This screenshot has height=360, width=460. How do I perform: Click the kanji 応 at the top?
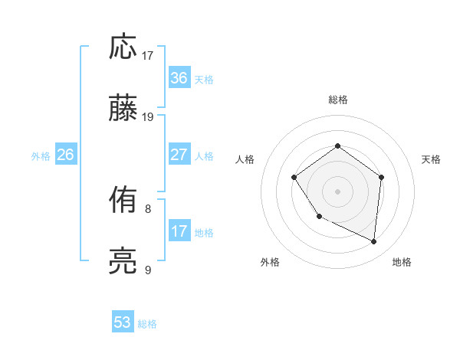click(123, 47)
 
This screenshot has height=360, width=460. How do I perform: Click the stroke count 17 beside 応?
click(148, 55)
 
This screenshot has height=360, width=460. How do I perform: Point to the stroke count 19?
click(148, 116)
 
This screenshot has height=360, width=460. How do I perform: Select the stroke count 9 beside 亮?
click(148, 270)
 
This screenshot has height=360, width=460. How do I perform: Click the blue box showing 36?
click(179, 78)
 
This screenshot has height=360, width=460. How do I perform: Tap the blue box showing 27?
click(179, 155)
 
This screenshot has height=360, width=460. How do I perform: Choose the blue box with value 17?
click(179, 231)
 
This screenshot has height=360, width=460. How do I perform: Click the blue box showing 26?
click(66, 155)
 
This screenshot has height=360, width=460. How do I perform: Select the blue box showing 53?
click(123, 322)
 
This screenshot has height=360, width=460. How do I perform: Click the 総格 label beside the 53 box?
click(147, 324)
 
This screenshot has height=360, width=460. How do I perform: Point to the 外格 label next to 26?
click(41, 156)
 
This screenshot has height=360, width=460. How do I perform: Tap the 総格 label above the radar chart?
click(337, 100)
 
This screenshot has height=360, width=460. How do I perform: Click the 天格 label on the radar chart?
click(431, 159)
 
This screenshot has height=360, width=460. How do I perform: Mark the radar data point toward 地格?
click(374, 242)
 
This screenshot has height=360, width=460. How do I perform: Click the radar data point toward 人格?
click(294, 178)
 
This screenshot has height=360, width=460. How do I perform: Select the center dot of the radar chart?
click(337, 191)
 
